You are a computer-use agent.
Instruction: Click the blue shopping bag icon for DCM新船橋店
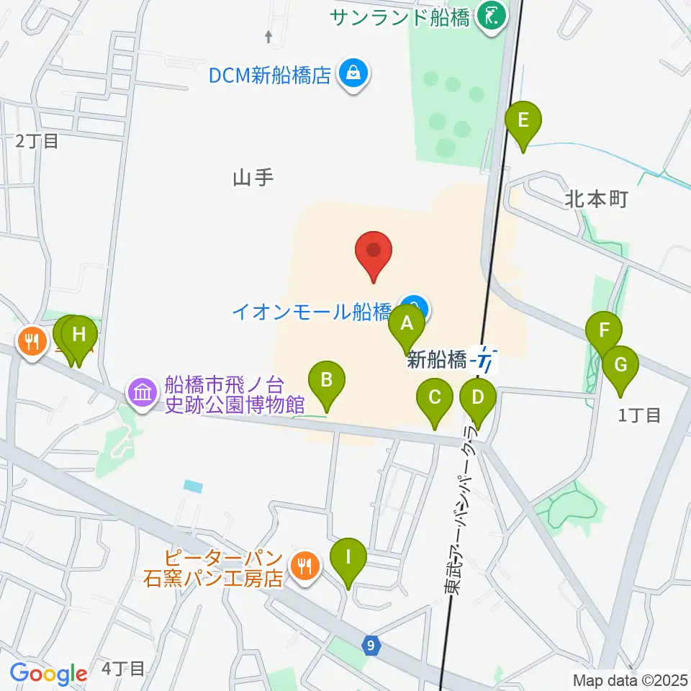pyautogui.click(x=353, y=73)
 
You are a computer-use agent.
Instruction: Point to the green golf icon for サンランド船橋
pyautogui.click(x=492, y=16)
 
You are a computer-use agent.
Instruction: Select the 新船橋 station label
pyautogui.click(x=436, y=360)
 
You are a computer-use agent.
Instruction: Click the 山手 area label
pyautogui.click(x=253, y=178)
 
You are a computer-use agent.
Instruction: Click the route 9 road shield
pyautogui.click(x=370, y=646)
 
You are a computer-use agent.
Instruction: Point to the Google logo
pyautogui.click(x=48, y=674)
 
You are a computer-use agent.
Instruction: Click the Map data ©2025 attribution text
pyautogui.click(x=631, y=679)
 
